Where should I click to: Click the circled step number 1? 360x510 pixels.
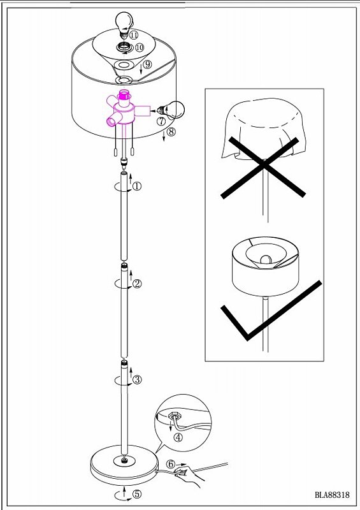(x=137, y=186)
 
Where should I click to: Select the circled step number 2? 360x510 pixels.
(x=137, y=284)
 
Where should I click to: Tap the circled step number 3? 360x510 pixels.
(x=137, y=379)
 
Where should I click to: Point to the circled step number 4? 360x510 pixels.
(x=178, y=437)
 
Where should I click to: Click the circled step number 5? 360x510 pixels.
(x=137, y=494)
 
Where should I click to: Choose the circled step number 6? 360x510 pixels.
(x=171, y=465)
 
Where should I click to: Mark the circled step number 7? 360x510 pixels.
(x=161, y=121)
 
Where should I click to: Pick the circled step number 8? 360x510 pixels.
(x=171, y=132)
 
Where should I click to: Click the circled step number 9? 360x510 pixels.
(x=148, y=64)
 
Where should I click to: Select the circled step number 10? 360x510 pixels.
(x=139, y=47)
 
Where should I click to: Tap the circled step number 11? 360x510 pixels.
(x=134, y=34)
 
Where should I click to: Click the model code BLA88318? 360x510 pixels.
(x=332, y=495)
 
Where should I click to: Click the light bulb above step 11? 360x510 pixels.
(x=124, y=22)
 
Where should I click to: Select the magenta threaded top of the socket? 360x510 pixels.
(x=124, y=95)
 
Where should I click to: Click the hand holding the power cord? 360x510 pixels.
(x=189, y=476)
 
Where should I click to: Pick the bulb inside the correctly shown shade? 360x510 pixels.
(x=266, y=259)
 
